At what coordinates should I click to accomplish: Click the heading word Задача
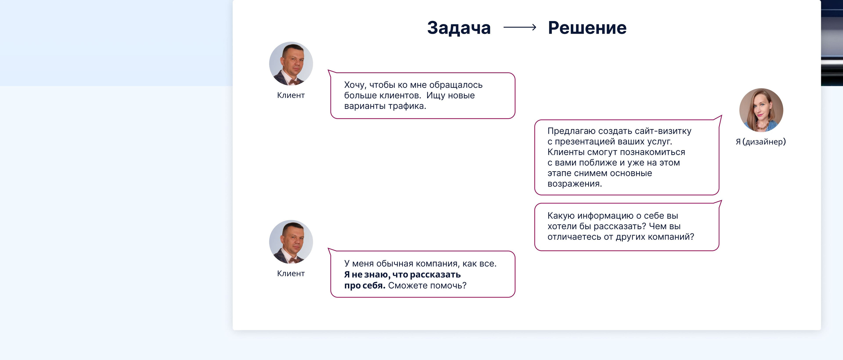(459, 28)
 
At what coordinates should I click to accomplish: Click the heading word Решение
(587, 28)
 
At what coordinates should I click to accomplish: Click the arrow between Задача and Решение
(520, 27)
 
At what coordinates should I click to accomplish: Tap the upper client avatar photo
(291, 63)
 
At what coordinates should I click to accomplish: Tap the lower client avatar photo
(291, 242)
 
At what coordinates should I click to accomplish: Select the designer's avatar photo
(761, 110)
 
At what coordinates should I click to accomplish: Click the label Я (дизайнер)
(761, 142)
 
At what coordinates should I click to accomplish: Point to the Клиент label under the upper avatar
(291, 95)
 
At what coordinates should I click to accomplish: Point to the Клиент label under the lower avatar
(291, 274)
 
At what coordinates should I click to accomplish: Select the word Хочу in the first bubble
(355, 85)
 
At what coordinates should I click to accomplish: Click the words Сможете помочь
(427, 286)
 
